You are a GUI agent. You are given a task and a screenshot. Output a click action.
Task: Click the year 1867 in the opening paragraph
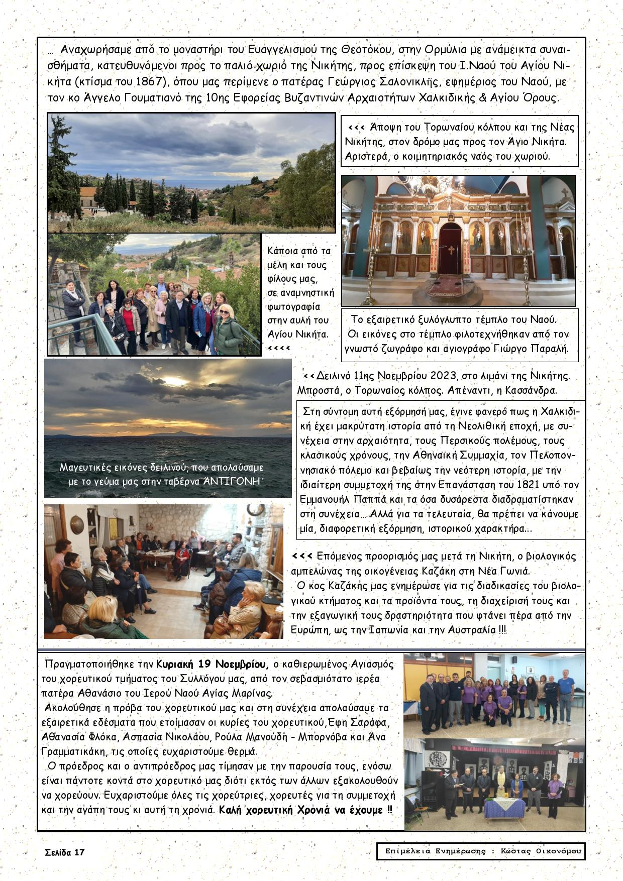coord(151,82)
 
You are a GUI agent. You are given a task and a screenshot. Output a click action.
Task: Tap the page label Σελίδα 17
coord(65,852)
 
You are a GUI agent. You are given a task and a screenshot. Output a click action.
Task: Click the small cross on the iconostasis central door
coord(451,250)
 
